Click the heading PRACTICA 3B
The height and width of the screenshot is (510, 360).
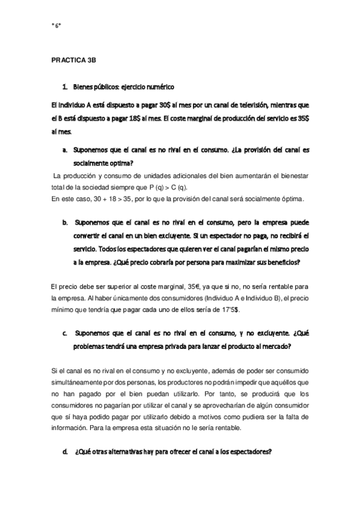coord(73,61)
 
